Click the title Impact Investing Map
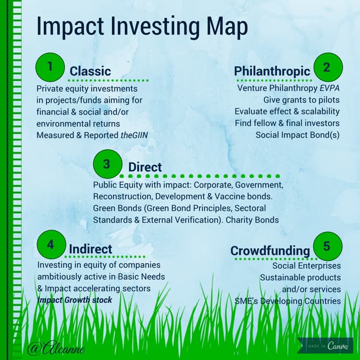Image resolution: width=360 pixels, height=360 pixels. click(142, 26)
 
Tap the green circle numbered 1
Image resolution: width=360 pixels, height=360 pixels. click(50, 67)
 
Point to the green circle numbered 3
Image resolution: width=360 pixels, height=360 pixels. click(107, 164)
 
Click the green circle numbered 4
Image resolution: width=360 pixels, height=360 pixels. click(51, 245)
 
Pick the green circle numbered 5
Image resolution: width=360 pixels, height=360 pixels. click(327, 246)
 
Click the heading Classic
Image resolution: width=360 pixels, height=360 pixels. click(90, 71)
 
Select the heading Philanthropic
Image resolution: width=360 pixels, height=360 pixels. click(272, 71)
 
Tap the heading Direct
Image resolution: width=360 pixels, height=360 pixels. click(145, 167)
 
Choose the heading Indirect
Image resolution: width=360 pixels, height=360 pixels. click(90, 249)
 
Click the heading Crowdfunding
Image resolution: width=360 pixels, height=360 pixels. click(270, 250)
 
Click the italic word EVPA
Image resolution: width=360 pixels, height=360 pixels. click(330, 88)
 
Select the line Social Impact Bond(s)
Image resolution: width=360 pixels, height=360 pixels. click(298, 135)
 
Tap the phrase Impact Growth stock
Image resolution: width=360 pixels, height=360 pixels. click(75, 300)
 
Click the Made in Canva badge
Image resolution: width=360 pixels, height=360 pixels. click(325, 345)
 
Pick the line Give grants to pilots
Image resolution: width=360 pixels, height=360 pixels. click(301, 100)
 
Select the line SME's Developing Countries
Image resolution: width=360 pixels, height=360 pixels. click(287, 301)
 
